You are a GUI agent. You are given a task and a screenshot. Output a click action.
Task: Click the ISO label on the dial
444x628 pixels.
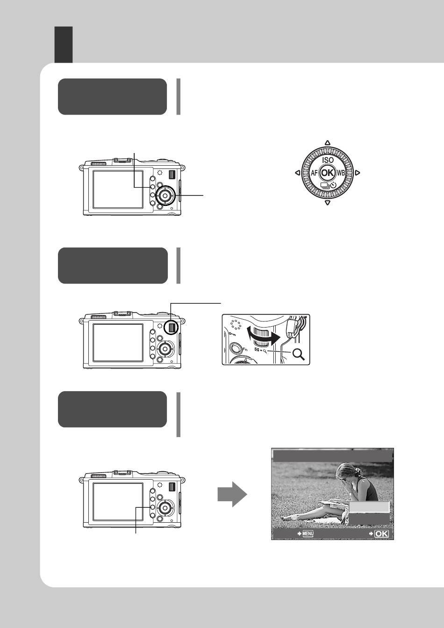pos(328,160)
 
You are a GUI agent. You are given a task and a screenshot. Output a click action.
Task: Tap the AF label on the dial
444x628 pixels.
pos(314,173)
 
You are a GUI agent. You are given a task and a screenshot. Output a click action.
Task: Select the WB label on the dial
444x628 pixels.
pos(341,173)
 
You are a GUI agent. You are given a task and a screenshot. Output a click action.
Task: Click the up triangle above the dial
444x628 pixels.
pos(328,143)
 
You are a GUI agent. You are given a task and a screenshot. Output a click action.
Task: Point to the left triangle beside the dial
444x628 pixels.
pos(298,173)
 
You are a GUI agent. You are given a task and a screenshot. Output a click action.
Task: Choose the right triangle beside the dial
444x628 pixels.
pos(358,173)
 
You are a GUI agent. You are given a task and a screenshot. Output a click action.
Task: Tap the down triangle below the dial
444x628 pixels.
pos(328,203)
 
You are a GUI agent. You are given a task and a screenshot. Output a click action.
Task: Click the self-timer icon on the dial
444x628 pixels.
pos(333,185)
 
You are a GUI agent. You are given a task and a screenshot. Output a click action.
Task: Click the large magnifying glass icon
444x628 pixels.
pos(299,354)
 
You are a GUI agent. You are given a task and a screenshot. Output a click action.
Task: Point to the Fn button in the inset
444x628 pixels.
pos(236,349)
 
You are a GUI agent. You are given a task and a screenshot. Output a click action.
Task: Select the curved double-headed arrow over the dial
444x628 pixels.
pos(263,337)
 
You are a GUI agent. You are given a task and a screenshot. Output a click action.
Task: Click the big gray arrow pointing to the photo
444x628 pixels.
pos(232,494)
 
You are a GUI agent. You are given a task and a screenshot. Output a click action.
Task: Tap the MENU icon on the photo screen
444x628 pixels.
pos(308,533)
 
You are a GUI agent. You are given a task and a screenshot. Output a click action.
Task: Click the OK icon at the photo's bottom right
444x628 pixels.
pos(381,533)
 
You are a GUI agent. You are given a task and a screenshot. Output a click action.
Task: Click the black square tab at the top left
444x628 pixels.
pos(64,45)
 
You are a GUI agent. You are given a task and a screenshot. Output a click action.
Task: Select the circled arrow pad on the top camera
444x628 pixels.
pos(165,196)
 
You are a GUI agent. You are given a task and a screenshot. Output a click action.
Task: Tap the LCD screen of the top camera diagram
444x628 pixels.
pos(118,190)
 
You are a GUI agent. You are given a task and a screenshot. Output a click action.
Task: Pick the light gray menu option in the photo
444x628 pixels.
pos(369,507)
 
